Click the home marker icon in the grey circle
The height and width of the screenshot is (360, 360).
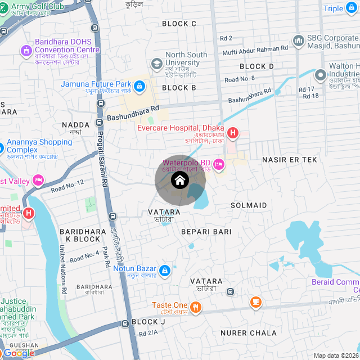[x=179, y=181]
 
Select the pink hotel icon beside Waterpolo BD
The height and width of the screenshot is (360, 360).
[x=219, y=164]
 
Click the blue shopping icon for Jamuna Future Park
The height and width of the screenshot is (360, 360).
[x=139, y=86]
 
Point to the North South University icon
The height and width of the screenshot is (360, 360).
[x=156, y=62]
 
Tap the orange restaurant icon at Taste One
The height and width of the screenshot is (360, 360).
[x=196, y=307]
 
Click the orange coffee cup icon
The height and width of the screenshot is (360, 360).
[x=255, y=303]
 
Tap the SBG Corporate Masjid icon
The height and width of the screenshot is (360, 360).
[x=298, y=40]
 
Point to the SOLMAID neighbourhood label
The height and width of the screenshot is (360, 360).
[x=249, y=205]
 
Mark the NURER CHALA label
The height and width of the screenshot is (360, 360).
[x=248, y=333]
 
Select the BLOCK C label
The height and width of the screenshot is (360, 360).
[x=179, y=24]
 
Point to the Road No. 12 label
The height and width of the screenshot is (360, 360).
[x=67, y=186]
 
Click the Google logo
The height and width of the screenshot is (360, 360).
[x=18, y=353]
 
